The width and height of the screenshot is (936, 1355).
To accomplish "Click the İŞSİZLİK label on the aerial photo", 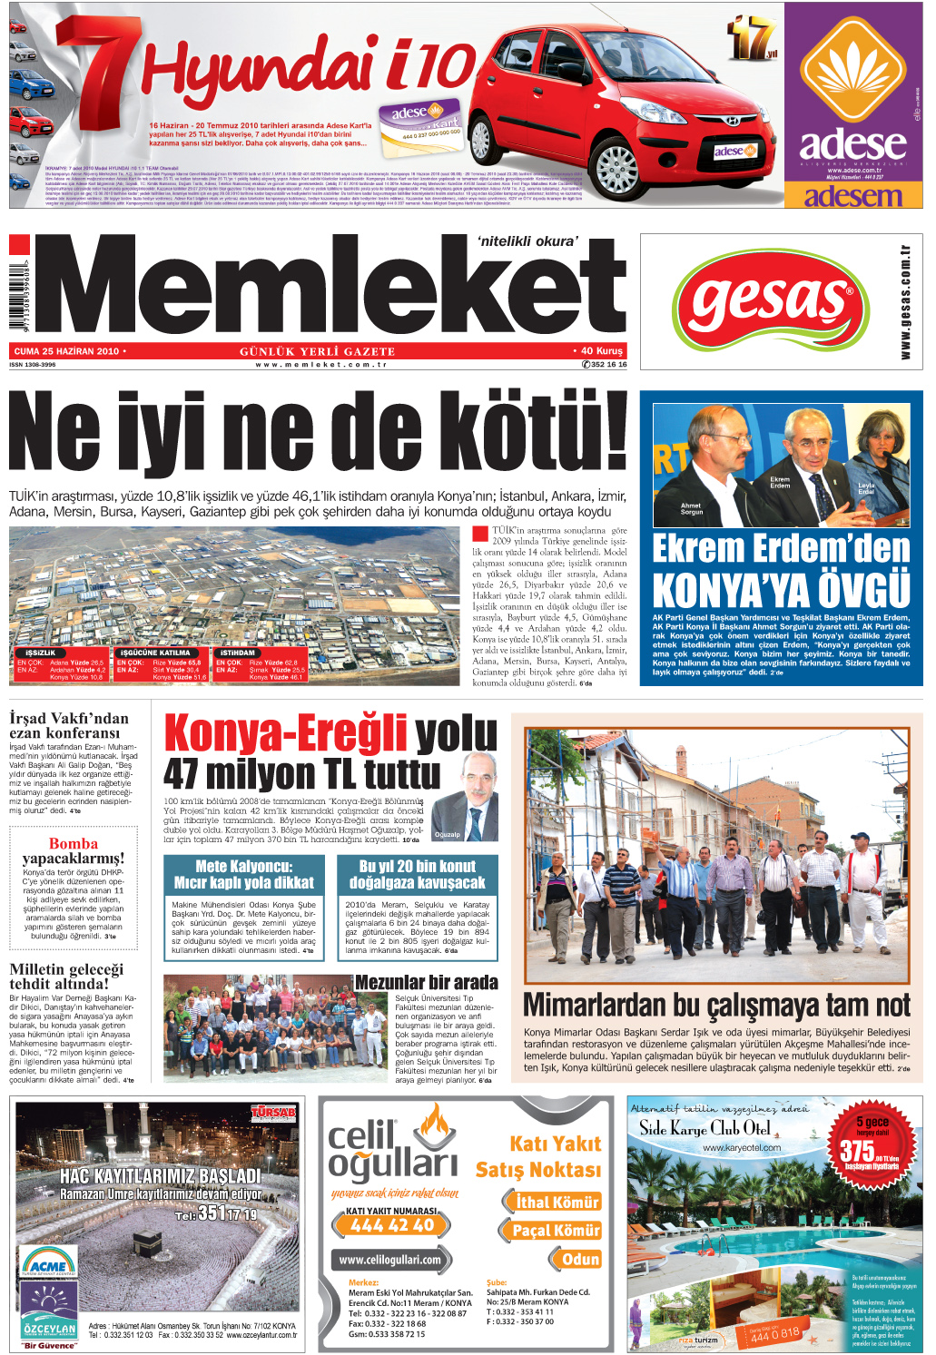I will (x=41, y=653).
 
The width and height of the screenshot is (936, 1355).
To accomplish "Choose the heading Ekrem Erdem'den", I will (x=781, y=549).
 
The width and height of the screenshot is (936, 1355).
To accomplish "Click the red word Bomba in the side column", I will (x=74, y=844).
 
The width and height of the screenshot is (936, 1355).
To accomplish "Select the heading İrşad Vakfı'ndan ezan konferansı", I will (x=69, y=725).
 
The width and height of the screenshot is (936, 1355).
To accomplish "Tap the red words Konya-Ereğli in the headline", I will (x=285, y=733).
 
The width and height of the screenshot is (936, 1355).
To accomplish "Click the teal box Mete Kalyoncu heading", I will (x=243, y=874).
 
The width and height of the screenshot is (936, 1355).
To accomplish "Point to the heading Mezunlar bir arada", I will (x=426, y=982).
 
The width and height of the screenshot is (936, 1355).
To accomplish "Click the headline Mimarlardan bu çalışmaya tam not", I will (x=716, y=1006).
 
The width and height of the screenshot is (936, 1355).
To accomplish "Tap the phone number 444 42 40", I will (x=392, y=1225).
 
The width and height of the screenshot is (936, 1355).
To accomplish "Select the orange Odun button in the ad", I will (x=580, y=1259).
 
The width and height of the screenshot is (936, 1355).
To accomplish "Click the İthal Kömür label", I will (x=557, y=1202).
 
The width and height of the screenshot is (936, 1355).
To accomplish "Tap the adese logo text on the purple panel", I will (x=852, y=143).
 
